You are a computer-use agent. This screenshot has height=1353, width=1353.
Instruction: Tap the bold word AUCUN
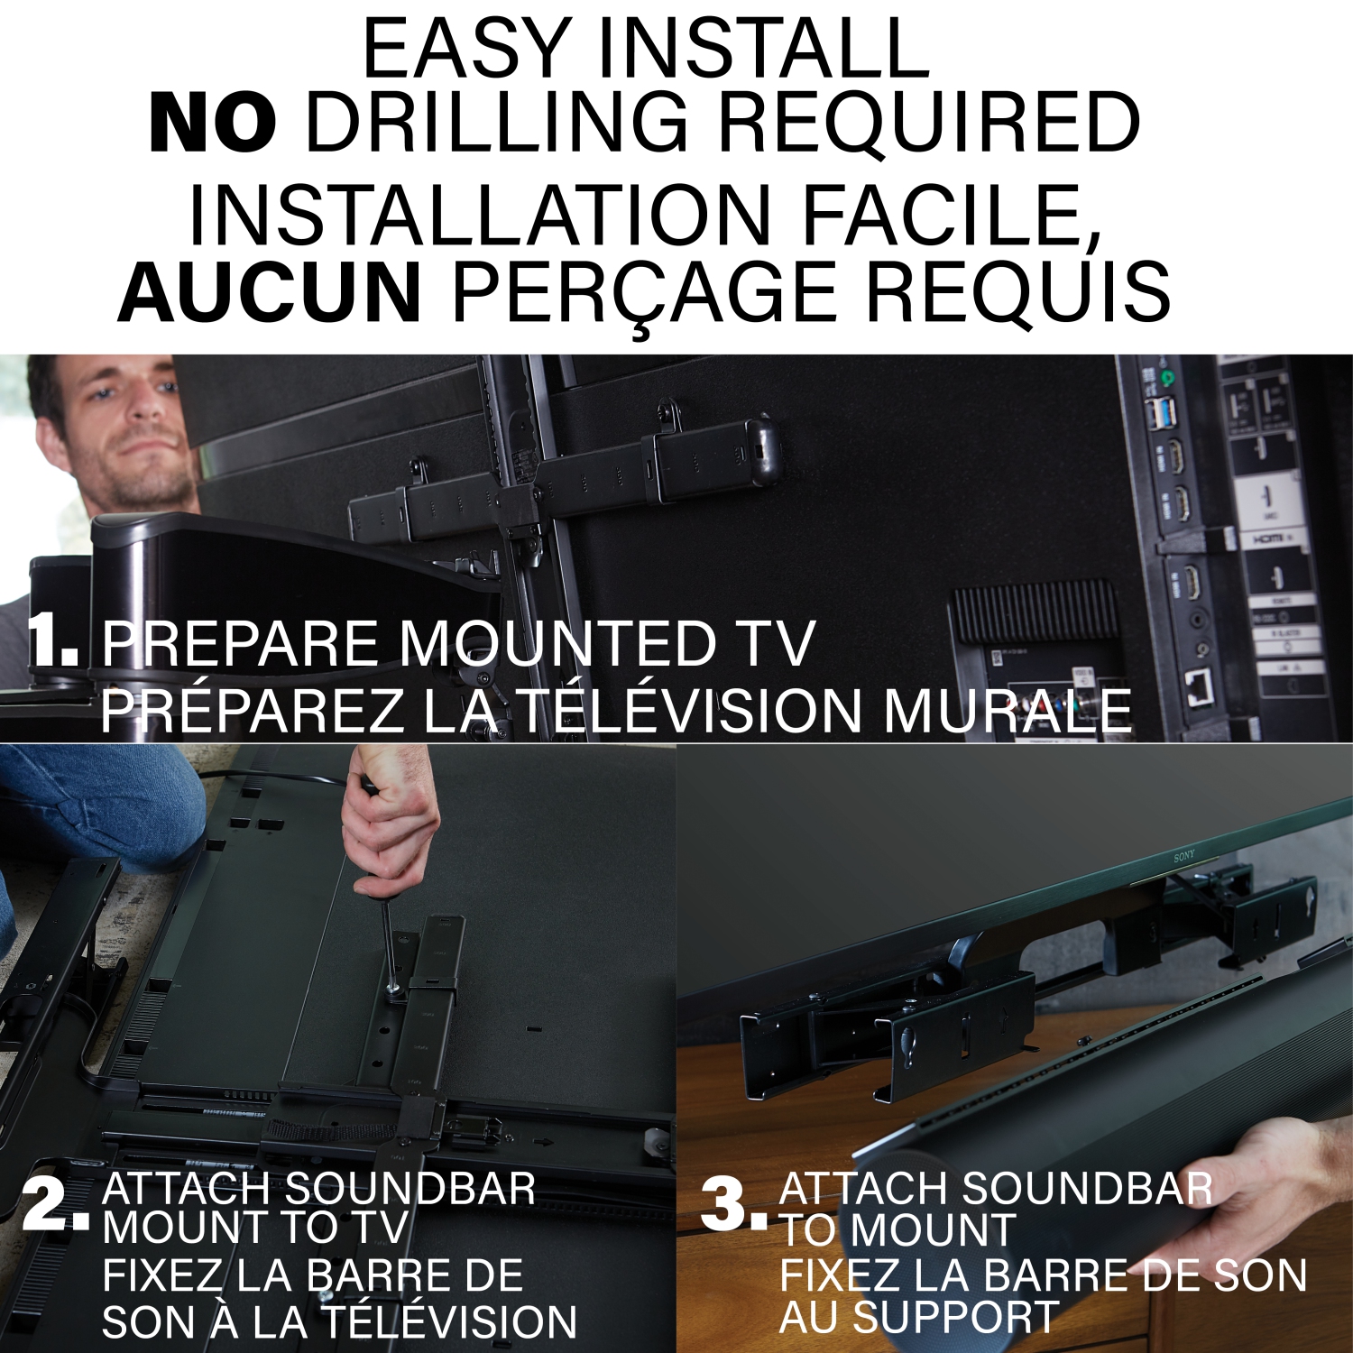[x=270, y=292]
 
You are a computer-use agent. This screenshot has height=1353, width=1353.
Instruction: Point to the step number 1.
[x=52, y=641]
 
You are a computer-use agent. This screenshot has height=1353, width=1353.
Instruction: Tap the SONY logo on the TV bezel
[x=1184, y=856]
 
